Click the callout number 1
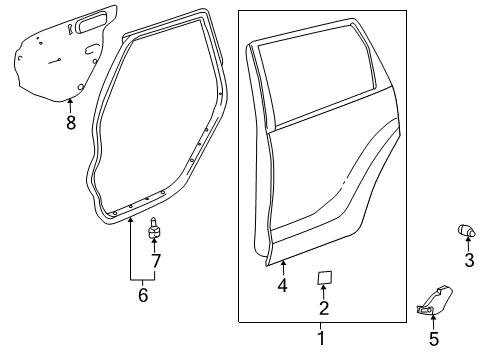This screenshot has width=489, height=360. [x=320, y=340]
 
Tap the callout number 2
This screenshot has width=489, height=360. [x=324, y=307]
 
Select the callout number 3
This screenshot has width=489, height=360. [x=468, y=261]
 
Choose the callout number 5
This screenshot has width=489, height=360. [x=433, y=340]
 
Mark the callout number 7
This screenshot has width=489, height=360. [x=155, y=261]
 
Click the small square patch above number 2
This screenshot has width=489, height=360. [x=324, y=277]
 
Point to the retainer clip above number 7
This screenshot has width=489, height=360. [x=155, y=230]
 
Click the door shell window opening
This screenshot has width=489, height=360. [x=318, y=80]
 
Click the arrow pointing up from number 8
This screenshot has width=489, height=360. [x=70, y=105]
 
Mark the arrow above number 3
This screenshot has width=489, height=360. [x=468, y=246]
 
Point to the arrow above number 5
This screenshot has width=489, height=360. [x=433, y=322]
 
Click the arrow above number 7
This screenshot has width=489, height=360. [x=155, y=246]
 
